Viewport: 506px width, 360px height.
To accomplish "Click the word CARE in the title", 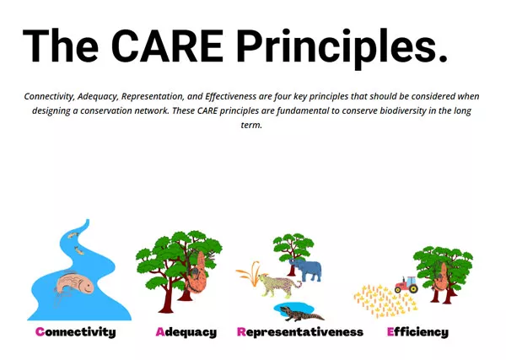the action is (167, 46).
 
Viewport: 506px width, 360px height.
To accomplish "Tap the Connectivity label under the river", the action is (76, 332).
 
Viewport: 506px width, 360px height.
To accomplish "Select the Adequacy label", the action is (186, 332).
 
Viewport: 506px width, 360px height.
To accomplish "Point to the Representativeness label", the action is (300, 332).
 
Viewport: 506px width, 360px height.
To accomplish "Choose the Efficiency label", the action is (417, 332).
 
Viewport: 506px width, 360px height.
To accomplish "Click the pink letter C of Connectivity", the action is (40, 331).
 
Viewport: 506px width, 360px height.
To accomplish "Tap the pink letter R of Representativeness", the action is (241, 331).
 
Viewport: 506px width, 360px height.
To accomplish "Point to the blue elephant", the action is (306, 270).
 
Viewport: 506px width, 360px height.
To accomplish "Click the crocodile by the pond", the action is (301, 314).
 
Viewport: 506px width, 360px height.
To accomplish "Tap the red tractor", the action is (406, 284).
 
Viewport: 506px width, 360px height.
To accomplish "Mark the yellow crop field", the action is (385, 301).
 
